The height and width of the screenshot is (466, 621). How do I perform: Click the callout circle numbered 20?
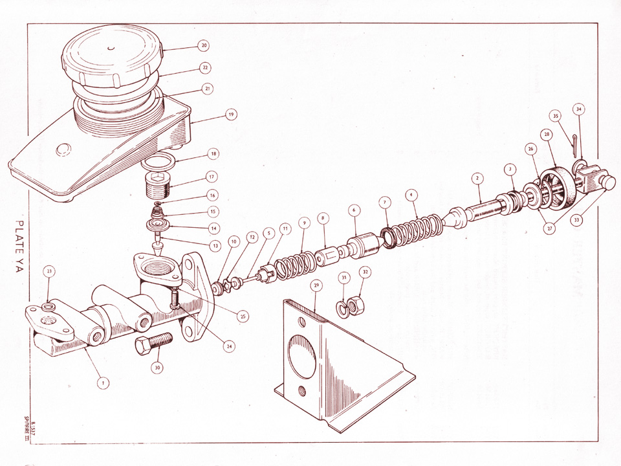[x=204, y=46]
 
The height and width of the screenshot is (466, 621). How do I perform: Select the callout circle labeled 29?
[x=316, y=285]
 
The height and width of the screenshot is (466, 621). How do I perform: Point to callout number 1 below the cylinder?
[x=102, y=383]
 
